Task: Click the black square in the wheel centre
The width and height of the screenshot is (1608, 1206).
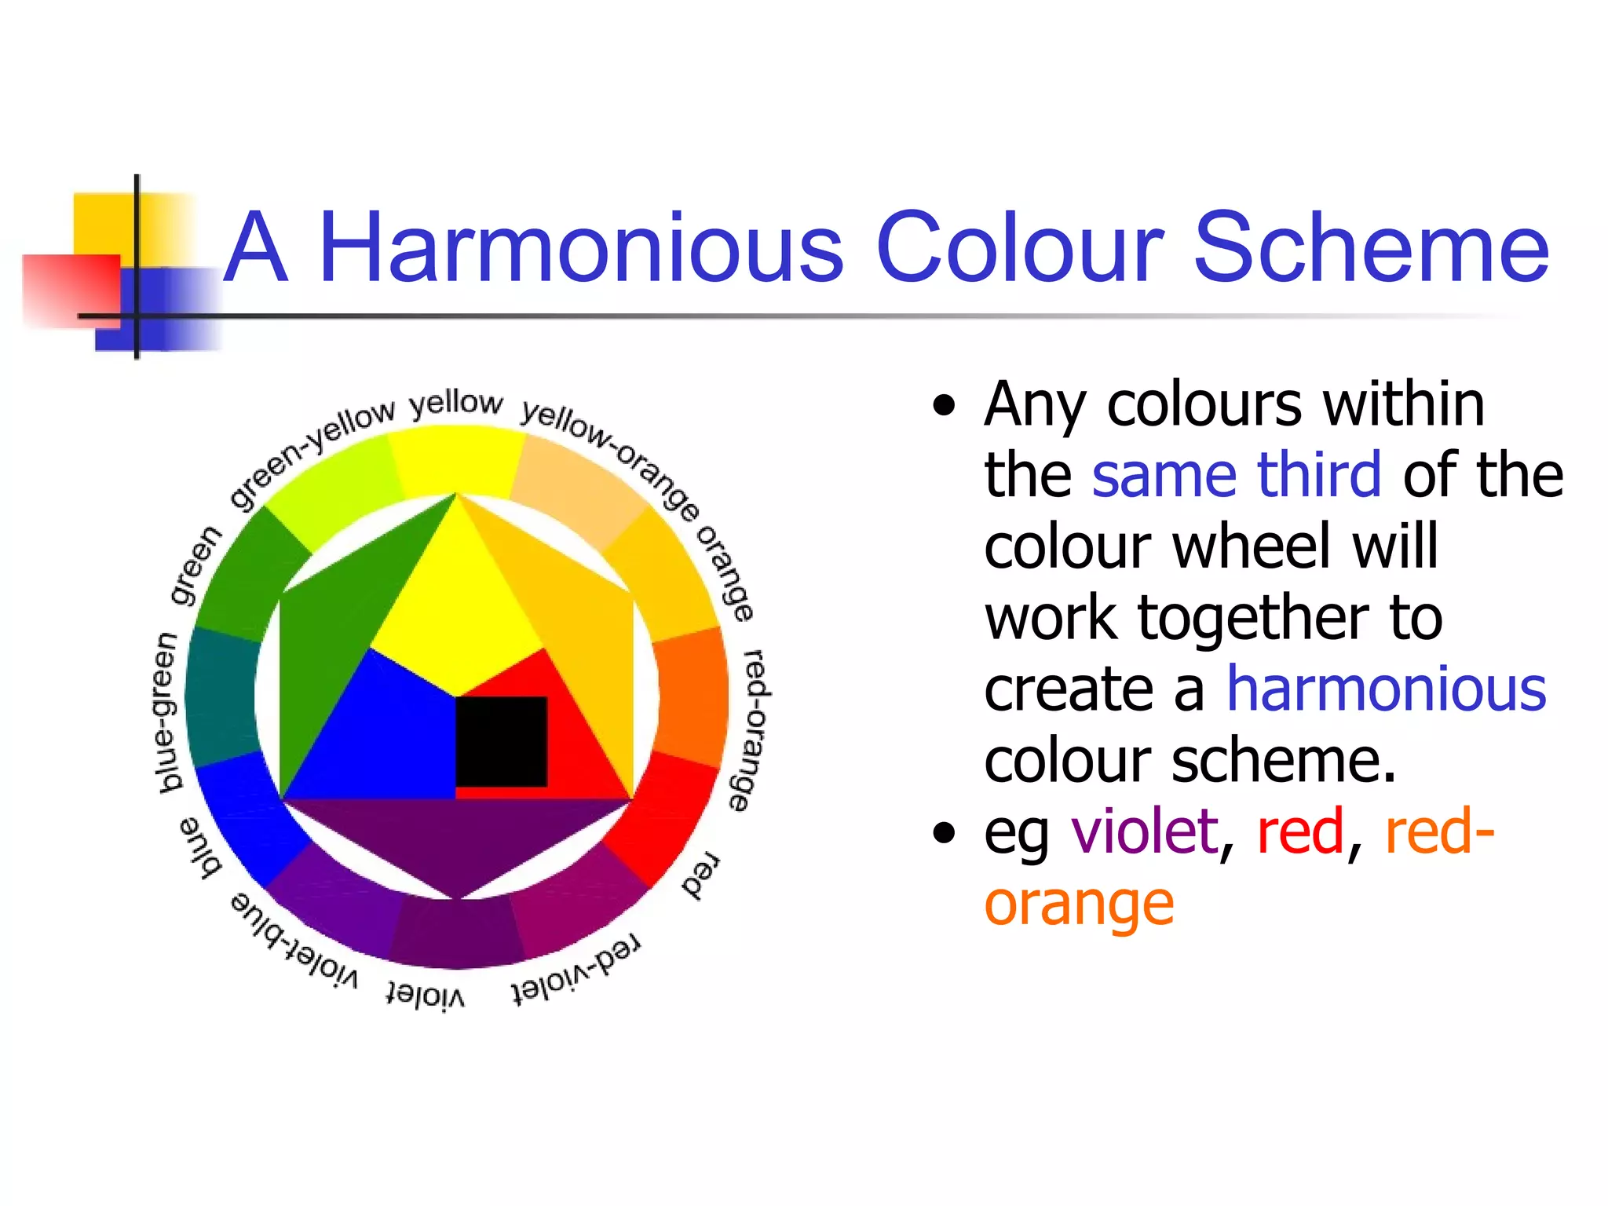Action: click(x=501, y=741)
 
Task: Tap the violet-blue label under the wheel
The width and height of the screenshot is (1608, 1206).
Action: click(x=294, y=940)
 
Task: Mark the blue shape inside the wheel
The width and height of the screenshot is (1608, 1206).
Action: click(x=377, y=738)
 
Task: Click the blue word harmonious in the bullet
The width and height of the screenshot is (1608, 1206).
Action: click(x=1386, y=689)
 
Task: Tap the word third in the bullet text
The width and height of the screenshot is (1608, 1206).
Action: click(x=1318, y=474)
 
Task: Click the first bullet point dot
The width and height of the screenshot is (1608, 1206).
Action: click(x=945, y=406)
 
